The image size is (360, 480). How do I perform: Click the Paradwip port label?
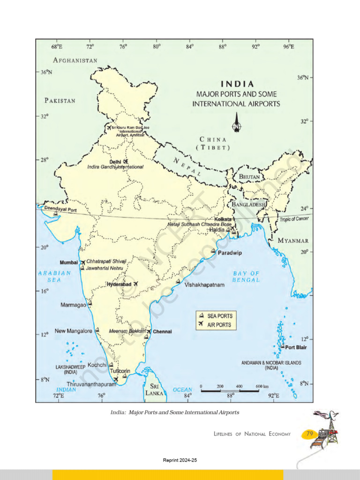230,253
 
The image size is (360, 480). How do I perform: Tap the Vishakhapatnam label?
204,285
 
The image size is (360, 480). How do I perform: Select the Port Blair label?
296,348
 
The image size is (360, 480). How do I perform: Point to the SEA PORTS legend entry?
219,316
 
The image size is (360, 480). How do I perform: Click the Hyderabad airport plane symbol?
136,284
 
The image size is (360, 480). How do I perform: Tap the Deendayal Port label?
60,210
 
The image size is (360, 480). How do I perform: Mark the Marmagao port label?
74,305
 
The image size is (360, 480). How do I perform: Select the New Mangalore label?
74,331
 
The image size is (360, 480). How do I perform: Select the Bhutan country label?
249,176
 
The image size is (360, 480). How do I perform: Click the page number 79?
310,434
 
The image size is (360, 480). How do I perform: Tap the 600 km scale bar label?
262,386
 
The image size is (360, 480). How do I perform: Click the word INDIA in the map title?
238,84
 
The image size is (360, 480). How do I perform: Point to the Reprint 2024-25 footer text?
180,461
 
